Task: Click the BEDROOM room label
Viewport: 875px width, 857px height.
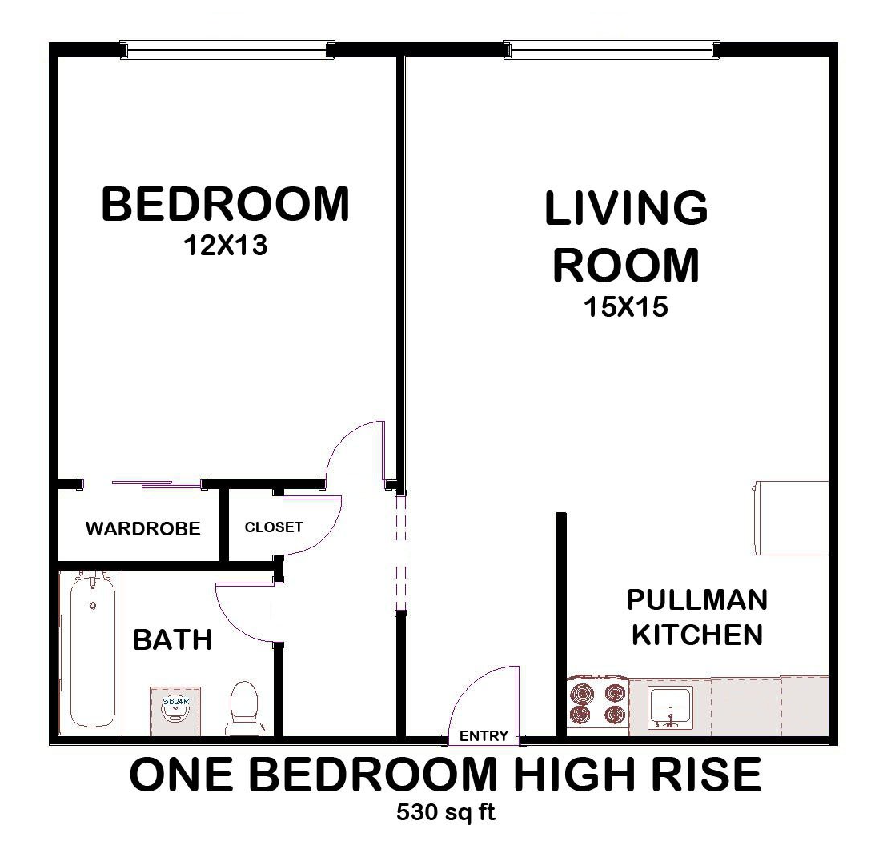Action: point(225,204)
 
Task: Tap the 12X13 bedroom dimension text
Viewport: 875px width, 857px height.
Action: point(225,246)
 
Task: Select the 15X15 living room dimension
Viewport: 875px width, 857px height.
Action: point(626,307)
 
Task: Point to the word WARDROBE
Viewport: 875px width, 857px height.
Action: point(142,530)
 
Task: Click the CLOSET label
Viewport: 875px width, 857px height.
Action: point(274,527)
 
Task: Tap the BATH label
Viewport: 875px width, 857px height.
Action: point(172,640)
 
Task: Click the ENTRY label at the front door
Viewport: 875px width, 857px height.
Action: point(484,736)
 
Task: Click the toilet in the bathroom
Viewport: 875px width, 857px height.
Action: point(242,708)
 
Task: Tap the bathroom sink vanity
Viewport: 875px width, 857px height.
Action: point(175,709)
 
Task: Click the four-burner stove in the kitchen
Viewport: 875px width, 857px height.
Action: point(597,703)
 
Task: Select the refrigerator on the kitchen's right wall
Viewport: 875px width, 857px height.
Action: point(791,517)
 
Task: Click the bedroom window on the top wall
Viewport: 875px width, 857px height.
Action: point(227,50)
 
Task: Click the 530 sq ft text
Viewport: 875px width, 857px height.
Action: point(446,814)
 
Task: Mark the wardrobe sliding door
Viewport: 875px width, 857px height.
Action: point(142,483)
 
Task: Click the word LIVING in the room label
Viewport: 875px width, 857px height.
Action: point(626,208)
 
